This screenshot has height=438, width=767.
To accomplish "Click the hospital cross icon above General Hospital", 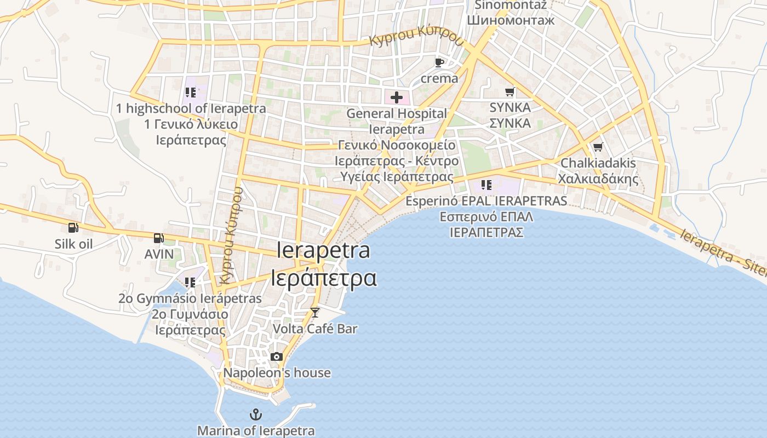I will [x=396, y=98].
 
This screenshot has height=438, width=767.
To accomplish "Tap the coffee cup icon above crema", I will [x=439, y=62].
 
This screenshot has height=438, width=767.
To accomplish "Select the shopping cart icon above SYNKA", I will [x=510, y=91].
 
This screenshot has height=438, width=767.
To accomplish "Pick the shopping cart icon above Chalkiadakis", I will [x=598, y=147].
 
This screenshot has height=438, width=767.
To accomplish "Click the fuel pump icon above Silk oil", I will [x=73, y=228].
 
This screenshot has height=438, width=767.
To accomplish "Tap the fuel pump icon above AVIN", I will [x=158, y=238].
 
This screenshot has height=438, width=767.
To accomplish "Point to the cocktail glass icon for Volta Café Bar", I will [x=314, y=312].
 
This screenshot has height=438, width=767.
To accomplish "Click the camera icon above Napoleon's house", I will [x=277, y=357].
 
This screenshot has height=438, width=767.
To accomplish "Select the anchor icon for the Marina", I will [x=255, y=414].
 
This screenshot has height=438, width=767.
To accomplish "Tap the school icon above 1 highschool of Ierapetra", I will [x=191, y=92].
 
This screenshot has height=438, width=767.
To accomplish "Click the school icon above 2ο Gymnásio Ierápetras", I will [x=190, y=283].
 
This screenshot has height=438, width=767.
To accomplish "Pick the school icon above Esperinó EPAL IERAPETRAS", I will [x=486, y=185].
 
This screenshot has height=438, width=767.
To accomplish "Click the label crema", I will [x=439, y=78].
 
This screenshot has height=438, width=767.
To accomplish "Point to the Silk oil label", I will [x=73, y=244].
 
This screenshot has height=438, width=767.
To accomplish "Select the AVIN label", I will [x=159, y=254].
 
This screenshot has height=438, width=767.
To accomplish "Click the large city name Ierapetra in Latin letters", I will [x=323, y=251].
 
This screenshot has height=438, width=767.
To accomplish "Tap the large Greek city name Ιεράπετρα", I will [x=324, y=278].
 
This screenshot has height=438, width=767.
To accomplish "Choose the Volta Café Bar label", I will [x=314, y=329].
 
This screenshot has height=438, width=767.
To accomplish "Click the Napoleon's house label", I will [x=277, y=373].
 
